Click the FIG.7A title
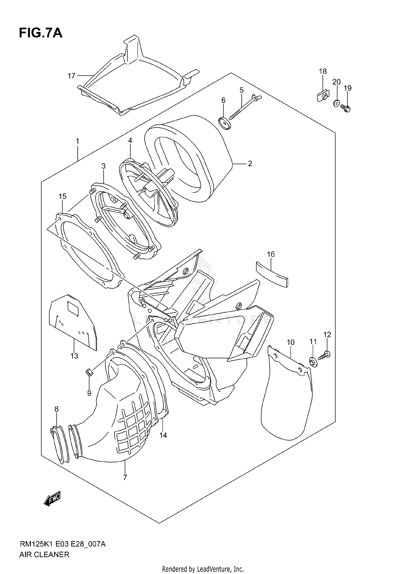point(41,33)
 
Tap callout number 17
point(71,76)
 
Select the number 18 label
point(323,71)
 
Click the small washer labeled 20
point(336,103)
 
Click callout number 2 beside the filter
point(250,163)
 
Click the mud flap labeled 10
point(287,398)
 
